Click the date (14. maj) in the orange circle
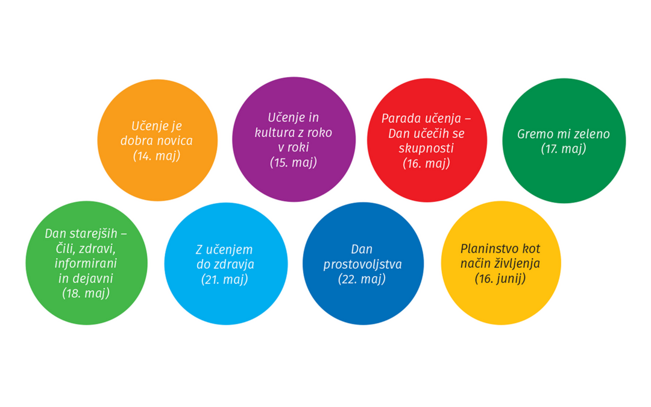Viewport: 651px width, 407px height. point(157,156)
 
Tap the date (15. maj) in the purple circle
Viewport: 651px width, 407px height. point(294,162)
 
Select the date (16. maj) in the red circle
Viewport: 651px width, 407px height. point(426,162)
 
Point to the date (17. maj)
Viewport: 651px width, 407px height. point(564,148)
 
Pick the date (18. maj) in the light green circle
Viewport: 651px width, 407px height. point(86,293)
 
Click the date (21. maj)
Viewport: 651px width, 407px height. point(225,279)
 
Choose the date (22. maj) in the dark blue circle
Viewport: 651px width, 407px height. point(362,279)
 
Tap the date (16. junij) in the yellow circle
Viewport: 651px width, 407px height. point(500,278)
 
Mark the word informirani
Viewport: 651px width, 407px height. point(86,263)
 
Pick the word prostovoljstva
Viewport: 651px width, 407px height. point(362,265)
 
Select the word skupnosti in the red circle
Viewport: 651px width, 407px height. point(426,148)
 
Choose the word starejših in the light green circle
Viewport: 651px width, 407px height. point(99,234)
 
